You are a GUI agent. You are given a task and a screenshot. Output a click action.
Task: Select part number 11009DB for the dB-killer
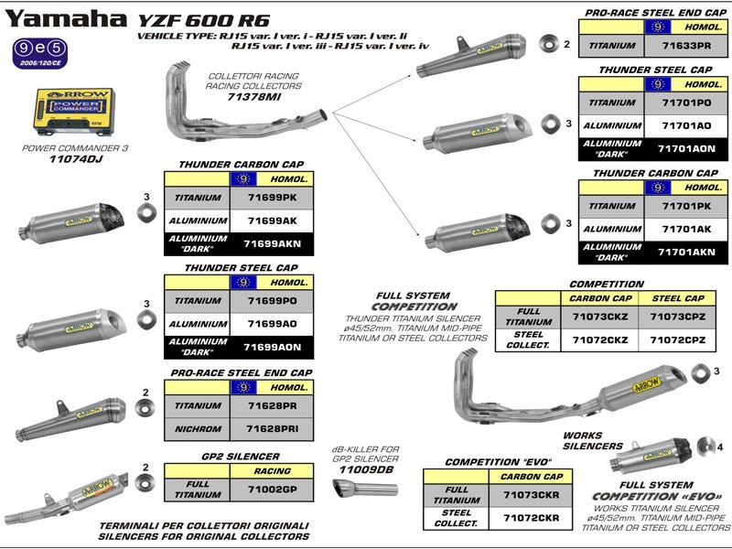pyautogui.click(x=366, y=469)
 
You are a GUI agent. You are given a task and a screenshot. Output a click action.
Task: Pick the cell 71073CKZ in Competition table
pyautogui.click(x=599, y=317)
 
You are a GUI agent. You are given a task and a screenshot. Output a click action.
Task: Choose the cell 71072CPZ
pyautogui.click(x=678, y=339)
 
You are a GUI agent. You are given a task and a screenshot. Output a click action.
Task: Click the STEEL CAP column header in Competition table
pyautogui.click(x=678, y=298)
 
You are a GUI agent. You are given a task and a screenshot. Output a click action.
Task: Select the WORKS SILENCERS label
pyautogui.click(x=593, y=441)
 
